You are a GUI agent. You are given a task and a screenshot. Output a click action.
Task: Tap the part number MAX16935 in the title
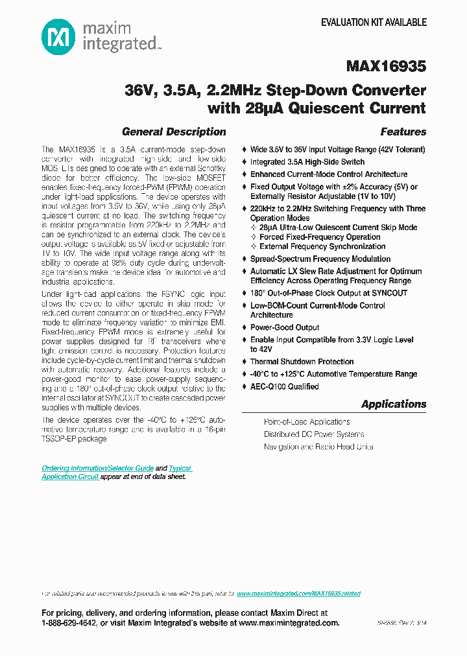tap(386, 66)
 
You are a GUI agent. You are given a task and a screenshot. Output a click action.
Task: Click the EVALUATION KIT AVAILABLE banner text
tap(374, 22)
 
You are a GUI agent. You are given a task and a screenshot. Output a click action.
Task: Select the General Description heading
tap(174, 132)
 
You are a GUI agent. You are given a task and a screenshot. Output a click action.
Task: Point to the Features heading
tap(403, 132)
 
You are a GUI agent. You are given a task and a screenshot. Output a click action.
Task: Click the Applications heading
tap(394, 404)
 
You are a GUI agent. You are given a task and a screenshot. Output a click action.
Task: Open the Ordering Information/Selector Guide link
tap(97, 468)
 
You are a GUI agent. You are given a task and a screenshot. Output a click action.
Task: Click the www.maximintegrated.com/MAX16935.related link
tap(298, 594)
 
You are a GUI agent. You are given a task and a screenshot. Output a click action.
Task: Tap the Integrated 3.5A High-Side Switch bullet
tap(307, 162)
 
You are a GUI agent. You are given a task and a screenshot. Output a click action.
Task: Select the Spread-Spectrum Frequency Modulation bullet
tap(320, 259)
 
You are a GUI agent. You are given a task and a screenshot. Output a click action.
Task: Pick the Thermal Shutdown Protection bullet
tap(302, 362)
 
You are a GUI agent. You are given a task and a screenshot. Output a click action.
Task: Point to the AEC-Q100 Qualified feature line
tap(285, 386)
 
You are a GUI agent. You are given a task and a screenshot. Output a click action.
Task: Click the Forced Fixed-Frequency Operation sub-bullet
tap(320, 237)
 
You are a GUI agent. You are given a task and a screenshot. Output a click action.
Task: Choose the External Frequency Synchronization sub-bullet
tap(322, 246)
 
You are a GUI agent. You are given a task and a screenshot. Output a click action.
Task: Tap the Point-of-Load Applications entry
tap(307, 422)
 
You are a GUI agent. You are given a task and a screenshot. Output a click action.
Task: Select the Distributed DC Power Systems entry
tap(314, 434)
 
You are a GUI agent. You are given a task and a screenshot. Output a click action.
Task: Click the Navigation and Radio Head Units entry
tap(318, 447)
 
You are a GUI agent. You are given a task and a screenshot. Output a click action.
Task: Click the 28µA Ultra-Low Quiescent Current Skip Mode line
tap(338, 228)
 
